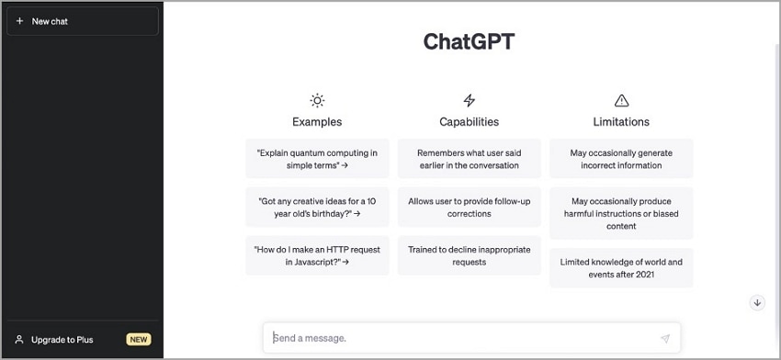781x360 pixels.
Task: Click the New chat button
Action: [83, 21]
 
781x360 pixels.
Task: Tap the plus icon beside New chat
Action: [19, 21]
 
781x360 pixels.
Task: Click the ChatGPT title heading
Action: [469, 41]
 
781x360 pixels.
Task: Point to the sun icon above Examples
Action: [317, 101]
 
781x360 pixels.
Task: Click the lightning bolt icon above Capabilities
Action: [470, 101]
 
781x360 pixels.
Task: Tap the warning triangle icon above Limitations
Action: [621, 101]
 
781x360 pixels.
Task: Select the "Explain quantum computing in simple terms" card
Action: [317, 159]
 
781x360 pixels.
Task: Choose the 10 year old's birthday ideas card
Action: [317, 208]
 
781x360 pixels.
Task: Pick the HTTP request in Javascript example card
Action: [317, 255]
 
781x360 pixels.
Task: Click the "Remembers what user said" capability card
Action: [470, 159]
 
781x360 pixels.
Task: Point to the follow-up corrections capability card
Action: [470, 208]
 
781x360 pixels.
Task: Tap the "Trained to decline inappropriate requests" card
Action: [470, 255]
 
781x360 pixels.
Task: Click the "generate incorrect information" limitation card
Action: [621, 159]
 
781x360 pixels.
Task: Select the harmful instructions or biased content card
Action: [621, 213]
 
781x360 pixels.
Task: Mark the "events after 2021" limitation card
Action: [621, 268]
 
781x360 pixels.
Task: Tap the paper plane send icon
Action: [665, 339]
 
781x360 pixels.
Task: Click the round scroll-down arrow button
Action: [758, 303]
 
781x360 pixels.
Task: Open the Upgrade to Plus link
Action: [62, 340]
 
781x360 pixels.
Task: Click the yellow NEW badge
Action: [139, 340]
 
